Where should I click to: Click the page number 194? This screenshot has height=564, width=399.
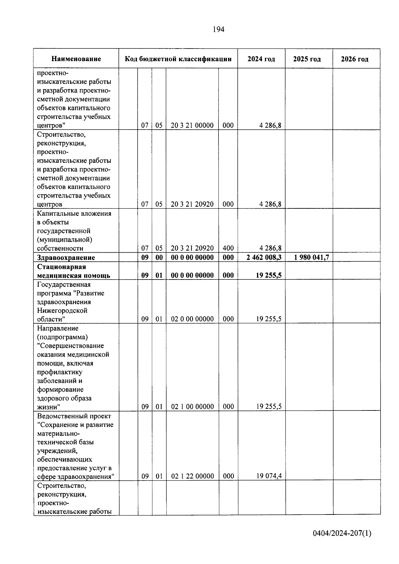(x=218, y=30)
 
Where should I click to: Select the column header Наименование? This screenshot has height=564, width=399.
(x=76, y=59)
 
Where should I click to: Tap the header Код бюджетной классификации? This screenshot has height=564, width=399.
(x=178, y=59)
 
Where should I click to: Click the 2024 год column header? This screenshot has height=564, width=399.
(x=261, y=59)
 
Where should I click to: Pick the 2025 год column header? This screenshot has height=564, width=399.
(x=307, y=59)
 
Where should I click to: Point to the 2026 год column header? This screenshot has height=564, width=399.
(x=354, y=59)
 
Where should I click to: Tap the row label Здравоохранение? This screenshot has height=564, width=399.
(x=66, y=258)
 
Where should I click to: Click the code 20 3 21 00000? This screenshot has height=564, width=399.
(x=192, y=125)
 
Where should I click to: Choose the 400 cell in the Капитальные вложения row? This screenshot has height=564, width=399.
(x=228, y=248)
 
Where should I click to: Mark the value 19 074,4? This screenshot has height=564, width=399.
(x=269, y=476)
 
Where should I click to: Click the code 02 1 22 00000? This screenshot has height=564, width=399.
(x=193, y=476)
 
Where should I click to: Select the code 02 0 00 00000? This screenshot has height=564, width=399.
(x=193, y=319)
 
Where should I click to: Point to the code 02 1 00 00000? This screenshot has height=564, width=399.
(x=193, y=406)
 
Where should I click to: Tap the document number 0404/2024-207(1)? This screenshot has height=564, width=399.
(x=342, y=533)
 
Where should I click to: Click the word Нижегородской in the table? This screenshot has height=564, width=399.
(x=62, y=310)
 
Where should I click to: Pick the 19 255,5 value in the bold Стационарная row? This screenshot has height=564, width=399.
(x=269, y=275)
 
